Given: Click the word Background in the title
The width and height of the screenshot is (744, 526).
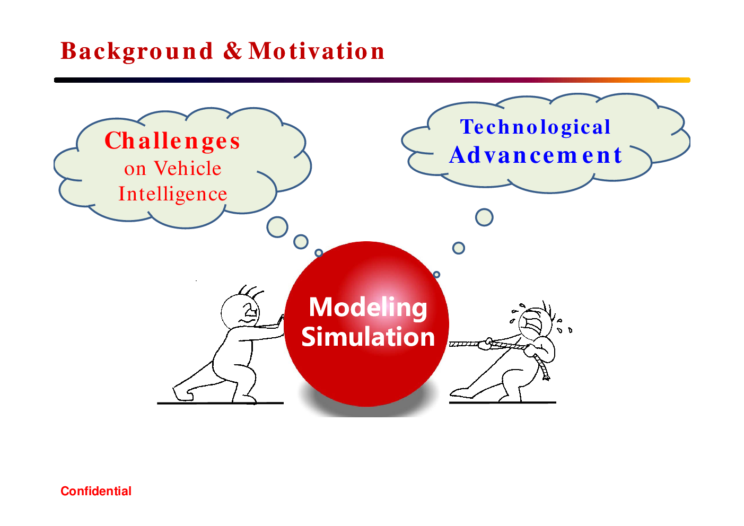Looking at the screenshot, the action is pyautogui.click(x=136, y=51).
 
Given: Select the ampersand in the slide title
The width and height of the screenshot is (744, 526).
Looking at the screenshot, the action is pyautogui.click(x=232, y=51).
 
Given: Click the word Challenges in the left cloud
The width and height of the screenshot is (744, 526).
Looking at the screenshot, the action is pyautogui.click(x=172, y=141).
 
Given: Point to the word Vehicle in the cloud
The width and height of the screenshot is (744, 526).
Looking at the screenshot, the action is pyautogui.click(x=188, y=168).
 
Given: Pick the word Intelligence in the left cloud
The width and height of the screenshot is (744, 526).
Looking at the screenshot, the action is pyautogui.click(x=173, y=194).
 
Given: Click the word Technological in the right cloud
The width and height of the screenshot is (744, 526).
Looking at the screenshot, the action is pyautogui.click(x=535, y=127).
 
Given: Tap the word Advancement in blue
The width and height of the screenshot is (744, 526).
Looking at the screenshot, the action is pyautogui.click(x=536, y=155).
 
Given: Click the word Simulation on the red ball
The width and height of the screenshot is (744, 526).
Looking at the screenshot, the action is pyautogui.click(x=368, y=337).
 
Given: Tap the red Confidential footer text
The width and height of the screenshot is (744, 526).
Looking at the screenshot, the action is pyautogui.click(x=96, y=491).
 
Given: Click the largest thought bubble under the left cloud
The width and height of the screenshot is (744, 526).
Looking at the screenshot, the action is pyautogui.click(x=277, y=227).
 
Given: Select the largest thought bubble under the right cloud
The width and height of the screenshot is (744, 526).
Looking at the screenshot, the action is pyautogui.click(x=484, y=217).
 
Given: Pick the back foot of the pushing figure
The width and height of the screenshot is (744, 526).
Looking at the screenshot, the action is pyautogui.click(x=182, y=393).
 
